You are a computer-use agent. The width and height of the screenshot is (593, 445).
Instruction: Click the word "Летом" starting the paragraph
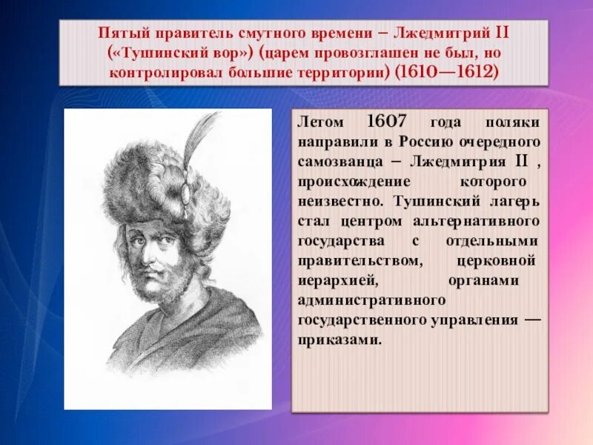pyautogui.click(x=319, y=122)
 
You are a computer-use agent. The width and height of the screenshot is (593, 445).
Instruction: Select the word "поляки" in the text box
pyautogui.click(x=517, y=122)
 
